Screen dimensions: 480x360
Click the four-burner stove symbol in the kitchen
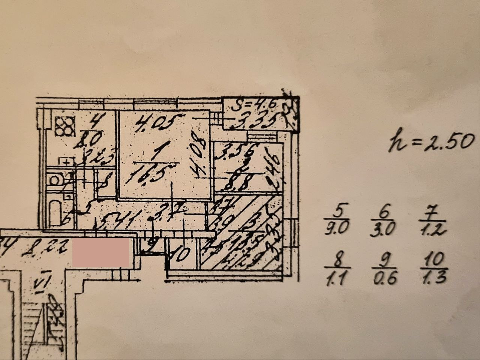click(65, 125)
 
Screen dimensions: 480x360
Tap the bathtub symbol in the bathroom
click(55, 213)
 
